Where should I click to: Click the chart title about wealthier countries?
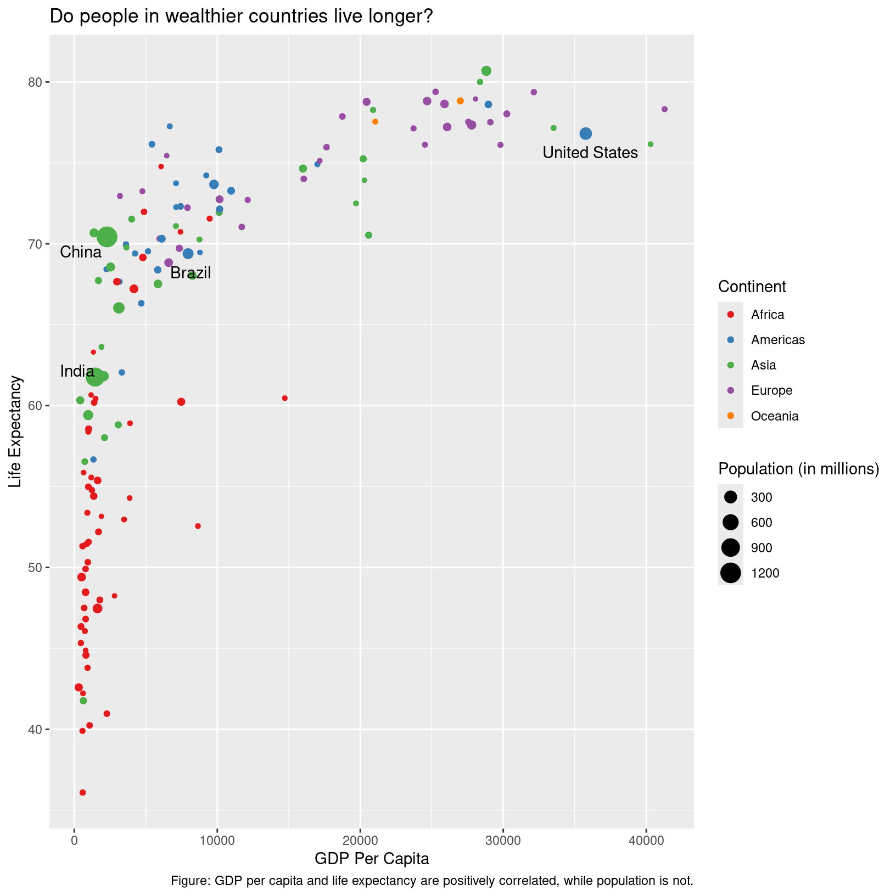(x=242, y=17)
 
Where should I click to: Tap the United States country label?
(x=590, y=153)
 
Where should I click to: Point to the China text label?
(x=81, y=252)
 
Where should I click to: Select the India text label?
(x=77, y=371)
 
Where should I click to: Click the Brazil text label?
(x=191, y=273)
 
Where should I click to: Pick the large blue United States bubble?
(x=586, y=133)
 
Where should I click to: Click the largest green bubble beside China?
(x=107, y=237)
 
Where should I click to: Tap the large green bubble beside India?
(x=95, y=377)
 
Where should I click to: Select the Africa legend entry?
(x=768, y=315)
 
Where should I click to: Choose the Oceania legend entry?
(x=774, y=416)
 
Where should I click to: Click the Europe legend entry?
(x=771, y=390)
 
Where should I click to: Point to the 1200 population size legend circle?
(x=731, y=573)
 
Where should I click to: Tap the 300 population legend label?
(x=761, y=497)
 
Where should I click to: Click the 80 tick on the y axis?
(x=36, y=82)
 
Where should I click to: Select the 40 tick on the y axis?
(x=36, y=729)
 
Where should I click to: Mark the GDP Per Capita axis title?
(x=372, y=859)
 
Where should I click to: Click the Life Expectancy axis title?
(x=16, y=431)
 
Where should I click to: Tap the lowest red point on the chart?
(x=83, y=792)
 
